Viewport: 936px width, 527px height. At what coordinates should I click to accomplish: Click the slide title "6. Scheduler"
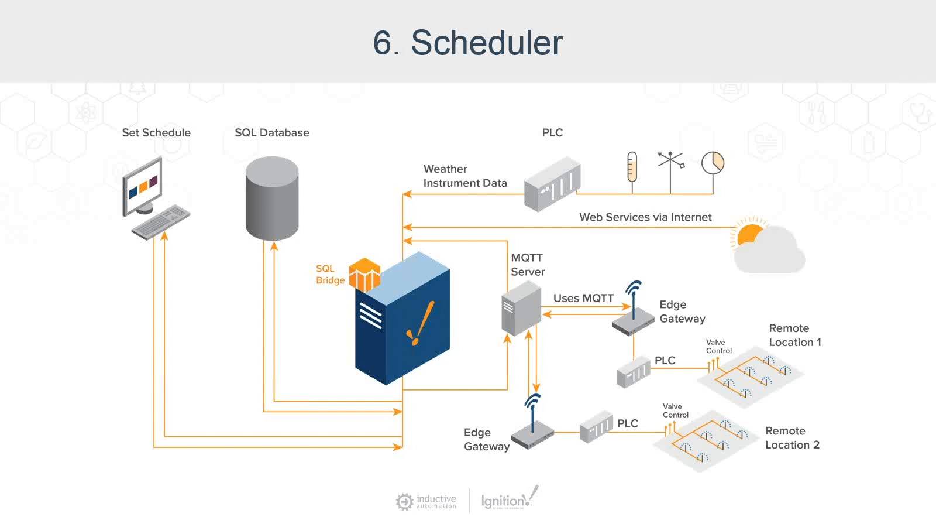coord(468,43)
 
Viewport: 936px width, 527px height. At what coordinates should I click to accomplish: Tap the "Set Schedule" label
coord(156,133)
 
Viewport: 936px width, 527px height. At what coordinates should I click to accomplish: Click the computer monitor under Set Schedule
coord(142,186)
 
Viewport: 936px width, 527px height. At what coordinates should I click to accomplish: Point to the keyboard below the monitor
coord(161,222)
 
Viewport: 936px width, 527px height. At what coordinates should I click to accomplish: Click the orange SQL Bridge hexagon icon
coord(364,275)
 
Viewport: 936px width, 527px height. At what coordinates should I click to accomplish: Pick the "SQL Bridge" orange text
coord(330,274)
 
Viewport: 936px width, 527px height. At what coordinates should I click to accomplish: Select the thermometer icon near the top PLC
coord(632,166)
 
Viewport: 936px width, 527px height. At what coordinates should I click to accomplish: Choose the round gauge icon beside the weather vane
coord(713,163)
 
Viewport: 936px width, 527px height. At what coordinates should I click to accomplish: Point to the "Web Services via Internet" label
coord(645,217)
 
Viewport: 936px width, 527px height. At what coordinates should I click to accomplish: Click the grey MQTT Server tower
coord(521,308)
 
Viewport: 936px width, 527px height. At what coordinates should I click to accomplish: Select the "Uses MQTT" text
coord(583,298)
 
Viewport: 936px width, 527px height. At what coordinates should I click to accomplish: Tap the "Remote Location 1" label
coord(794,335)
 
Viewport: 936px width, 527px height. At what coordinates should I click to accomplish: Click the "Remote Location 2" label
coord(792,438)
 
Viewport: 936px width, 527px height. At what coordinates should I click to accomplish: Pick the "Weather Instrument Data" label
coord(464,176)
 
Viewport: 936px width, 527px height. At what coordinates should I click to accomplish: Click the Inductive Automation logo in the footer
coord(426,501)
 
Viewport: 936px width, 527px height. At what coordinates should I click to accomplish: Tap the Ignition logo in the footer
coord(508,499)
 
